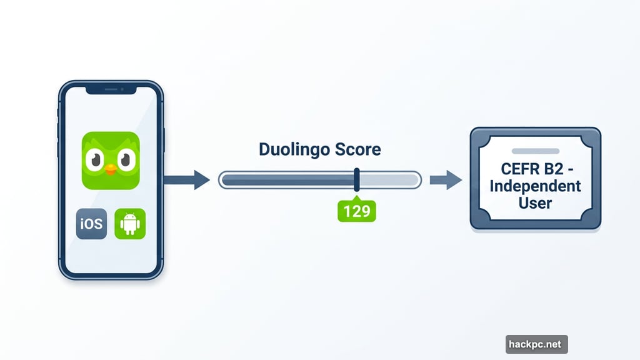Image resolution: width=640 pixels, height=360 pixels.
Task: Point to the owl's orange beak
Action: pos(111,169)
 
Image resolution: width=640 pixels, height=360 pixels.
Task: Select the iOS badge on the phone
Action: pos(91,224)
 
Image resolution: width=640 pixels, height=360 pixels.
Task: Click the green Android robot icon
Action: pos(130,224)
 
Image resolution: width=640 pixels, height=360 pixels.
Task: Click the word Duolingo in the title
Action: pos(292,149)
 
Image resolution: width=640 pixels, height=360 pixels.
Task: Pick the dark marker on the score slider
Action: pos(357,179)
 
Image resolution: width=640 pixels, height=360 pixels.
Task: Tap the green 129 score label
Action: pos(357,211)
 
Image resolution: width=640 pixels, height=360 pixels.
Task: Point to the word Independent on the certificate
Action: pos(535,186)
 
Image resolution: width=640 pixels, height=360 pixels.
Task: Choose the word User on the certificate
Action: pos(536,203)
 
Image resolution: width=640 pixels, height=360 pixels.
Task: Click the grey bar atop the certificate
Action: pos(535,151)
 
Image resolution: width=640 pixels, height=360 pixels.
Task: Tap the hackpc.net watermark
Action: pos(536,344)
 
